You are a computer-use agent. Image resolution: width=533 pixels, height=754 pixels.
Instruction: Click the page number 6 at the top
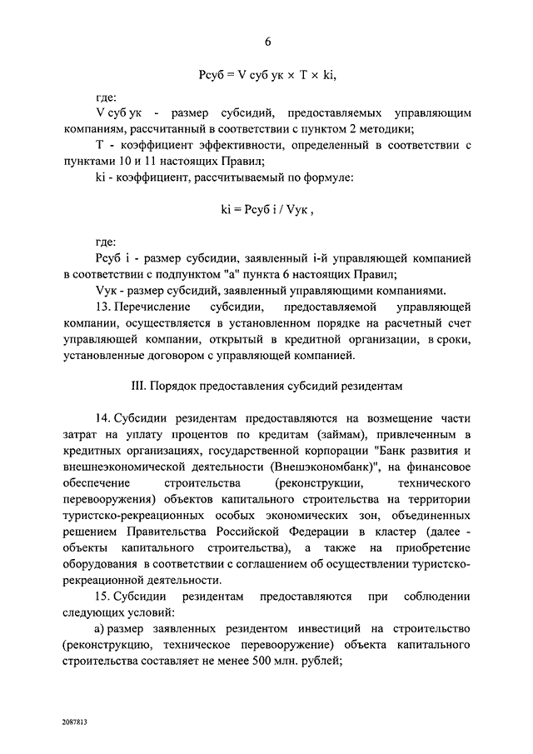pos(267,42)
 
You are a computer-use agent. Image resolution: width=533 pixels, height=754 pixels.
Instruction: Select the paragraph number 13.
pos(105,307)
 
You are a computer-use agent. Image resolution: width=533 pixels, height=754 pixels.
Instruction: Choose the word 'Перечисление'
pos(154,307)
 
